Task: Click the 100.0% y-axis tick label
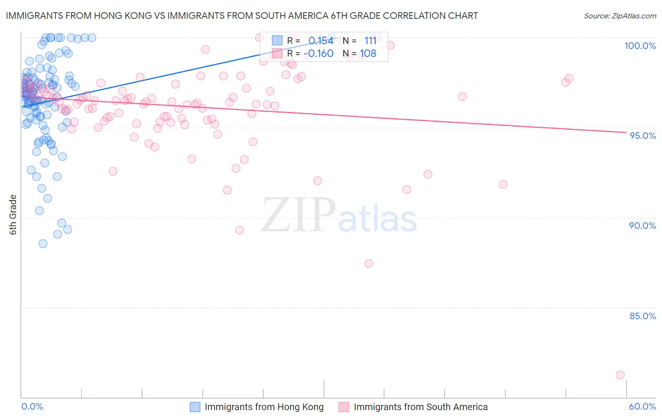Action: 640,46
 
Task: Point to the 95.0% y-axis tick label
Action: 643,136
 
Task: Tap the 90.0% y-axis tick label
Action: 642,226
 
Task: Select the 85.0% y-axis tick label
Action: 643,316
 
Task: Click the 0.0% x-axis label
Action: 32,407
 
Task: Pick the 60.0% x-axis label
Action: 642,407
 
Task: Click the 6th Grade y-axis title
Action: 13,215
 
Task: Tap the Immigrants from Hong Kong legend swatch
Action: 195,407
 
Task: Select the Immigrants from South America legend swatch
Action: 344,407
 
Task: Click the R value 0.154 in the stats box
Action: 321,40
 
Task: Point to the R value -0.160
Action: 318,54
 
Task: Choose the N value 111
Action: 370,40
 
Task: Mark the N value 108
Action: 368,54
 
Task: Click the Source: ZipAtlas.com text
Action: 620,16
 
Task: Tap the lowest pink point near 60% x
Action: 620,375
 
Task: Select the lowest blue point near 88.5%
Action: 43,243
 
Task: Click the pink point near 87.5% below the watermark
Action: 369,264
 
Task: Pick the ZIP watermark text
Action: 299,215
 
